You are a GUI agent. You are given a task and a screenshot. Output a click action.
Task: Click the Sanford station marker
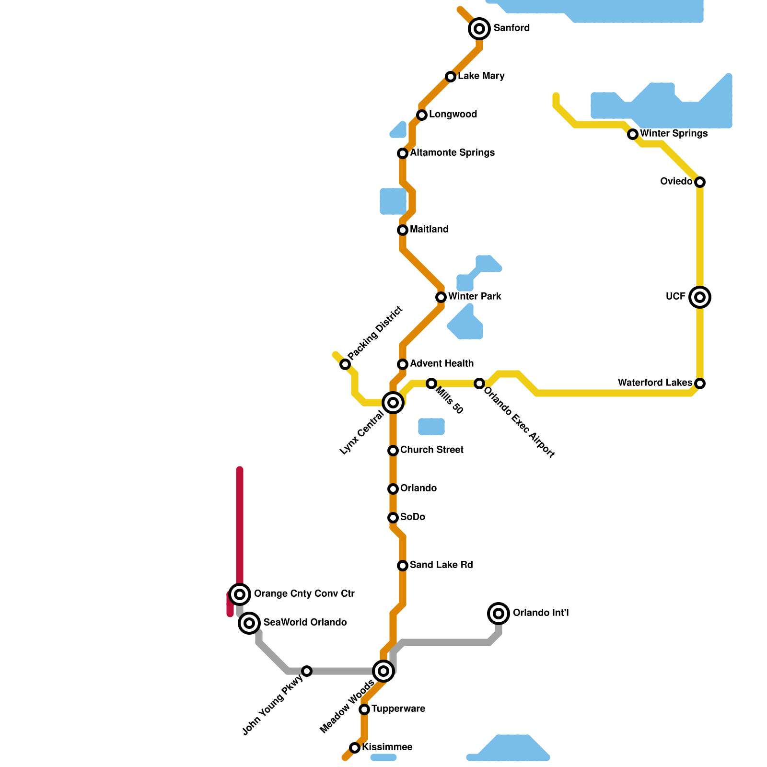(479, 29)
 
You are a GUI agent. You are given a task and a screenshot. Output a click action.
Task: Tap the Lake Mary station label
(481, 76)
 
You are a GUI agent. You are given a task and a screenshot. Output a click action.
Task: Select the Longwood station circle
(422, 115)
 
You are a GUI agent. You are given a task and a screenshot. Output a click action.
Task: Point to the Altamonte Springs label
(452, 153)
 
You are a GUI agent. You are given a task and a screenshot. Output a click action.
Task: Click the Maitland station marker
(403, 230)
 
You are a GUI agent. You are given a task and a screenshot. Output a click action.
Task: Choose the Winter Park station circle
(441, 297)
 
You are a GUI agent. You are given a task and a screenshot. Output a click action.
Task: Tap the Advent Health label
(442, 364)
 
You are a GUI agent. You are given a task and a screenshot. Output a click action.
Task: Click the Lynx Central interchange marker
(393, 403)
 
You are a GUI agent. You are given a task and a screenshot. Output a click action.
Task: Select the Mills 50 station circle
(431, 383)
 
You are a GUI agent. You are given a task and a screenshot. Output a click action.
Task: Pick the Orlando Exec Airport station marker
(479, 383)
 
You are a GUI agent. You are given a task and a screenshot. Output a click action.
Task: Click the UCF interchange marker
(700, 297)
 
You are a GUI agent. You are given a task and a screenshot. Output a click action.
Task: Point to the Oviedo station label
(676, 182)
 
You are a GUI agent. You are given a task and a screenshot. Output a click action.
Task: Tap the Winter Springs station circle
(633, 134)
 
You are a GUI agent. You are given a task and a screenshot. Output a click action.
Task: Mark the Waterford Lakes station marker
(700, 383)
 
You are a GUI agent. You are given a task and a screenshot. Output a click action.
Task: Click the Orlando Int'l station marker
(499, 614)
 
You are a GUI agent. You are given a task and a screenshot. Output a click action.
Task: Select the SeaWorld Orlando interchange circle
(249, 623)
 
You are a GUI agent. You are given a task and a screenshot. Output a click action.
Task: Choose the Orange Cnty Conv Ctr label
(304, 594)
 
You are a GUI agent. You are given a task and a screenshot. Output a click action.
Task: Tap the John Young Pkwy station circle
(307, 671)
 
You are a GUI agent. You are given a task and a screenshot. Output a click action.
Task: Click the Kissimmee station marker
(355, 748)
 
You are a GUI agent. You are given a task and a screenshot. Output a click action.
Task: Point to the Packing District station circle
(345, 364)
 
